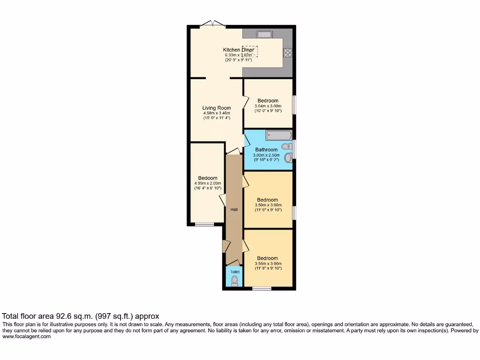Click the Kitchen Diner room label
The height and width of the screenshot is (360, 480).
point(239,50)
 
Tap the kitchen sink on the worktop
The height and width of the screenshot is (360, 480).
point(264,34)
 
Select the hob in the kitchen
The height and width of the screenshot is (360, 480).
point(287,53)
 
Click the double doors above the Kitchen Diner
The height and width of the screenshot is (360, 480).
point(211,23)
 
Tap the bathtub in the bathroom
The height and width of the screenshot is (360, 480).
point(279,135)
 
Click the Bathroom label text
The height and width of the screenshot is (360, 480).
point(266,150)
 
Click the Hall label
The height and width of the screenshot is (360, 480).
point(233,210)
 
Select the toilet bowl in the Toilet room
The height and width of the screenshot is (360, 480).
point(234,280)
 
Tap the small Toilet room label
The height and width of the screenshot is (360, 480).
point(234,272)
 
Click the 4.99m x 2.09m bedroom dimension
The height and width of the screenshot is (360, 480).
point(207,183)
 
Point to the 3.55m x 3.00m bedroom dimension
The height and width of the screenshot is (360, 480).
point(268,263)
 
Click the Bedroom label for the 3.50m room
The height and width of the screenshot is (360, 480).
point(267,200)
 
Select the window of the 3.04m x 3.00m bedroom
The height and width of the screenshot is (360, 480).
point(294,105)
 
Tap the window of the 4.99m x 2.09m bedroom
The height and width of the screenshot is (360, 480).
point(204,224)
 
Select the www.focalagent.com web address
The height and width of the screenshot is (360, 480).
point(26,336)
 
